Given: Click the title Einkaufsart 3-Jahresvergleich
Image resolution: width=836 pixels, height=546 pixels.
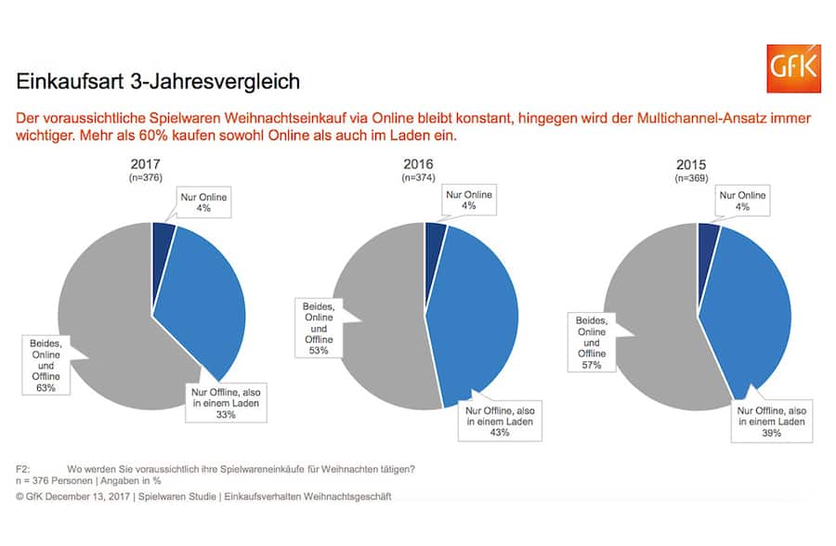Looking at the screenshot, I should coord(158,82).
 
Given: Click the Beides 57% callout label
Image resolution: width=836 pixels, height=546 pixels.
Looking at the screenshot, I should coord(592,342).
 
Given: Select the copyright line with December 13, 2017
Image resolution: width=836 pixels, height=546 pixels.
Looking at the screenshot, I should coord(203,497).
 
